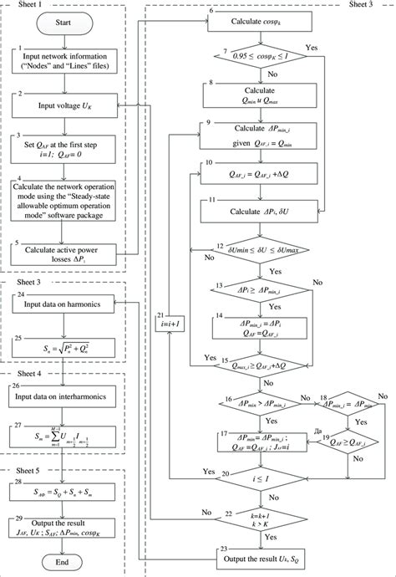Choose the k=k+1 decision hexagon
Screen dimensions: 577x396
pos(260,517)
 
